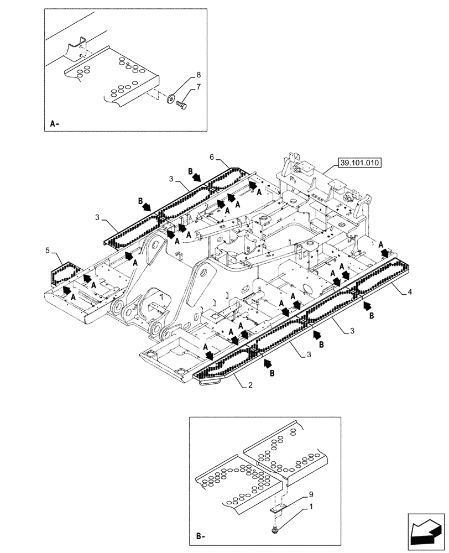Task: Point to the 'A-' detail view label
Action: pos(54,124)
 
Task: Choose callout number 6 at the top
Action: pos(211,157)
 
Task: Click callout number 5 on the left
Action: pos(48,252)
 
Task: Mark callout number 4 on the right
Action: pos(410,293)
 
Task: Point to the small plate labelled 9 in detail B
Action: pos(280,509)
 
